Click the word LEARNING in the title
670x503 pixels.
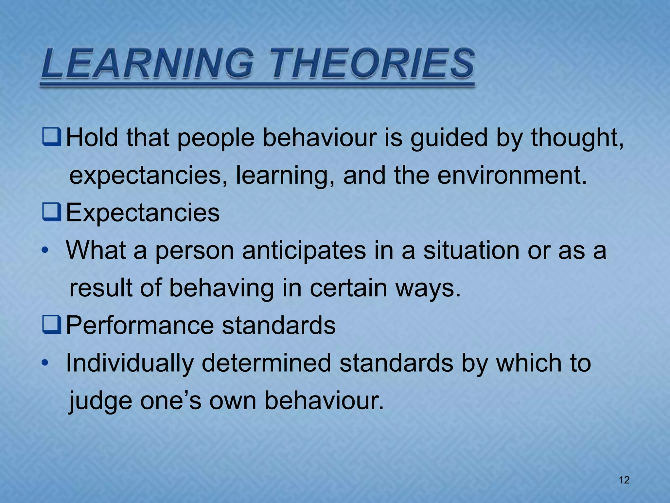coord(147,63)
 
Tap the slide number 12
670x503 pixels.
coord(624,480)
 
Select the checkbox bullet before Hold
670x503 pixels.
coord(52,138)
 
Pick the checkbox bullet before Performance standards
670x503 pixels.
coord(52,326)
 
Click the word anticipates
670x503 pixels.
coord(304,251)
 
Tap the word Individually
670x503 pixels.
coord(130,363)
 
